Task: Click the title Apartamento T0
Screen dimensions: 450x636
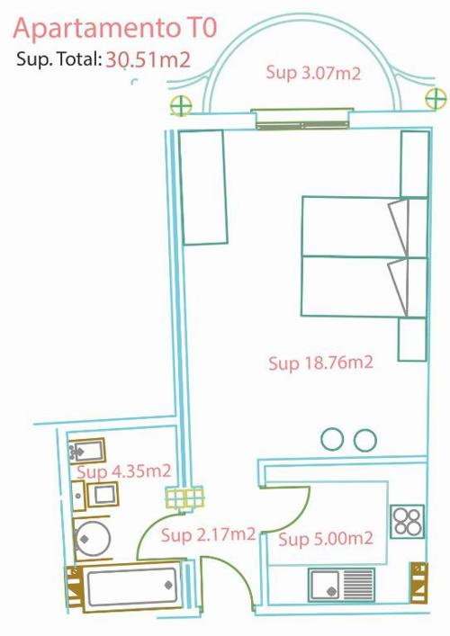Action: point(115,29)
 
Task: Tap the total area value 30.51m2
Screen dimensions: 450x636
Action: point(148,60)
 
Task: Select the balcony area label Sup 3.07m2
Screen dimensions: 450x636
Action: point(313,73)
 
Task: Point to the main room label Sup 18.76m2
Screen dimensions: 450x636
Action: point(320,363)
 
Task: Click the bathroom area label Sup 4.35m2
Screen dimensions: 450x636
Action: point(124,471)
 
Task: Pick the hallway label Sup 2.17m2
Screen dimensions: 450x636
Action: point(208,534)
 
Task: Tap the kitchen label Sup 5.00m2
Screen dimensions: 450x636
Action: point(326,539)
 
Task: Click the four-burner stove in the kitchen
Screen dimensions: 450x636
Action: point(407,522)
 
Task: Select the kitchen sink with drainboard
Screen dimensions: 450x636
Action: point(342,584)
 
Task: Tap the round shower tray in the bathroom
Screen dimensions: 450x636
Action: point(93,539)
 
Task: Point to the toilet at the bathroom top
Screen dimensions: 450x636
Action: point(87,450)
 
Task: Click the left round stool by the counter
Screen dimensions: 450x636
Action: point(332,439)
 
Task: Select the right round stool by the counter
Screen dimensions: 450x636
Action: point(364,440)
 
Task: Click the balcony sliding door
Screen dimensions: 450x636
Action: point(302,119)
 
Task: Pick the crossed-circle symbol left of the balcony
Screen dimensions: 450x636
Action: point(181,106)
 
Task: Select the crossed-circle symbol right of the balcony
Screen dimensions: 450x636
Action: point(436,99)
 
